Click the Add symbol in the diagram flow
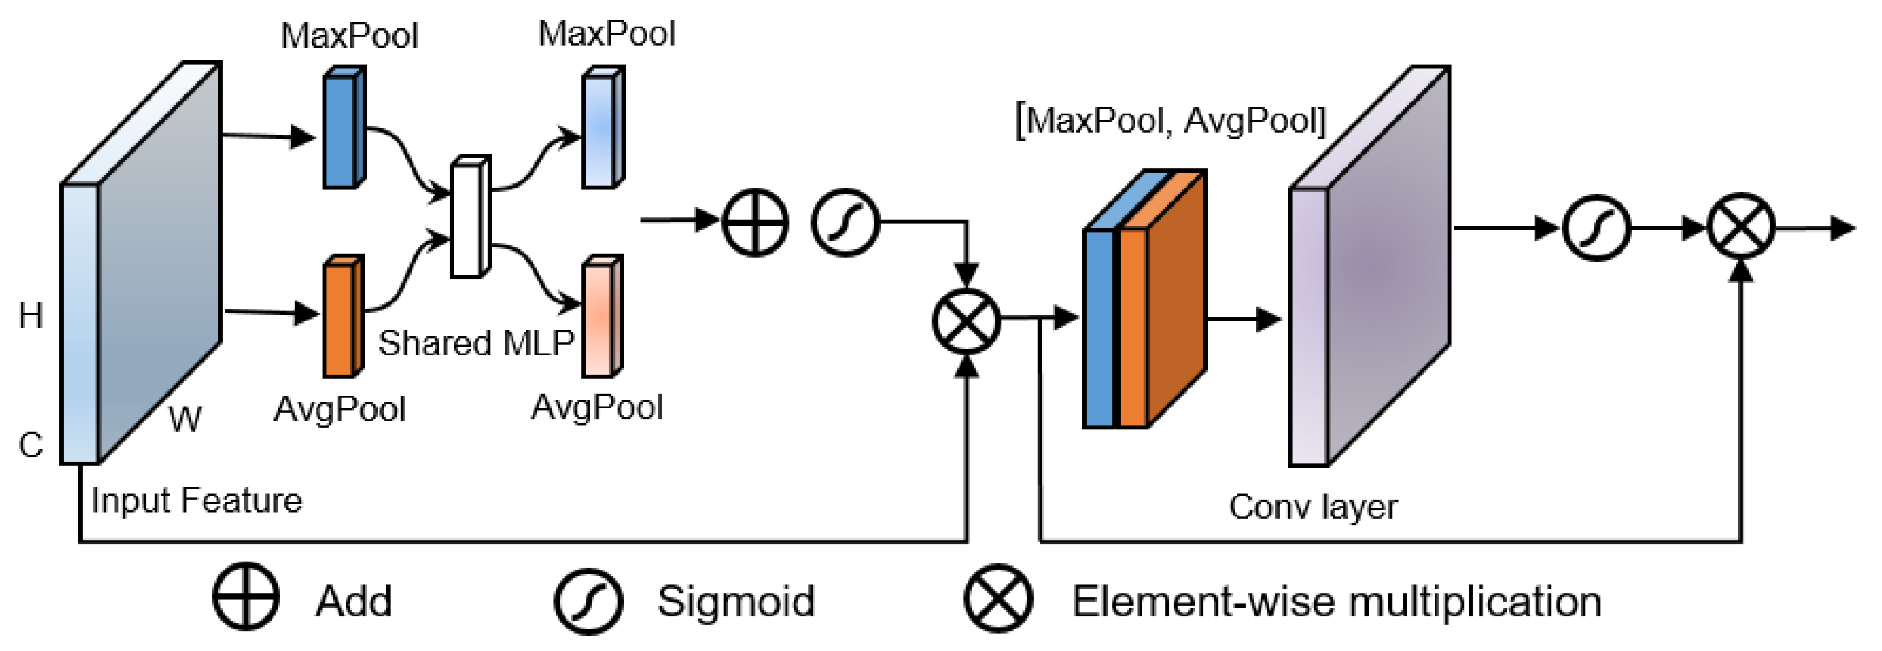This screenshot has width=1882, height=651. pyautogui.click(x=755, y=222)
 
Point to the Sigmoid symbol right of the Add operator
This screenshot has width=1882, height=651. pyautogui.click(x=845, y=222)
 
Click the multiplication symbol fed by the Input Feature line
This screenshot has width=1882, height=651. pyautogui.click(x=966, y=320)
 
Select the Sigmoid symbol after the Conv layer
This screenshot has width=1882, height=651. pyautogui.click(x=1596, y=228)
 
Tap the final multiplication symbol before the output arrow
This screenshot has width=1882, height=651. pyautogui.click(x=1741, y=226)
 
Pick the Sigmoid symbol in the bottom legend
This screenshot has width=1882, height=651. pyautogui.click(x=588, y=600)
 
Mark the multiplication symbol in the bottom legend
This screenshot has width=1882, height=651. pyautogui.click(x=998, y=599)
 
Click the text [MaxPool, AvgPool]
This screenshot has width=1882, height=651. pyautogui.click(x=1171, y=120)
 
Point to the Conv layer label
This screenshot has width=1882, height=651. pyautogui.click(x=1313, y=507)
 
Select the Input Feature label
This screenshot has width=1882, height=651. pyautogui.click(x=196, y=501)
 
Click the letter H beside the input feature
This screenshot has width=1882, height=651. pyautogui.click(x=31, y=316)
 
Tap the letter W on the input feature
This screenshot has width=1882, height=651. pyautogui.click(x=185, y=420)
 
